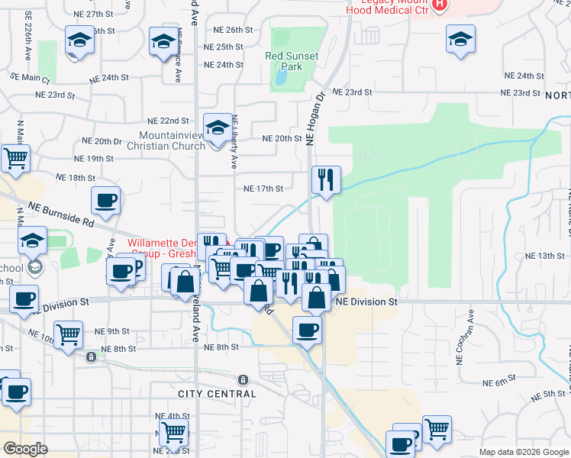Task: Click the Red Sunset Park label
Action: (x=284, y=61)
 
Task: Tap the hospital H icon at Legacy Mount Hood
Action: (x=439, y=5)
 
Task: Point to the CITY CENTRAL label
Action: (x=218, y=394)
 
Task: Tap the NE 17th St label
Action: (x=263, y=189)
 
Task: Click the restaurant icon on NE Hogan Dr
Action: (x=326, y=180)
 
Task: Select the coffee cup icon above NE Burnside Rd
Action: (x=105, y=201)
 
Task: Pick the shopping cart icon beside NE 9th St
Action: (x=69, y=334)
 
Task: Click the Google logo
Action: (x=25, y=449)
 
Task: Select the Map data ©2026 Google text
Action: (x=523, y=452)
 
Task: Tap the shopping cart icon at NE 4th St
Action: (x=173, y=431)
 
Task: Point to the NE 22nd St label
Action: (x=168, y=121)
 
